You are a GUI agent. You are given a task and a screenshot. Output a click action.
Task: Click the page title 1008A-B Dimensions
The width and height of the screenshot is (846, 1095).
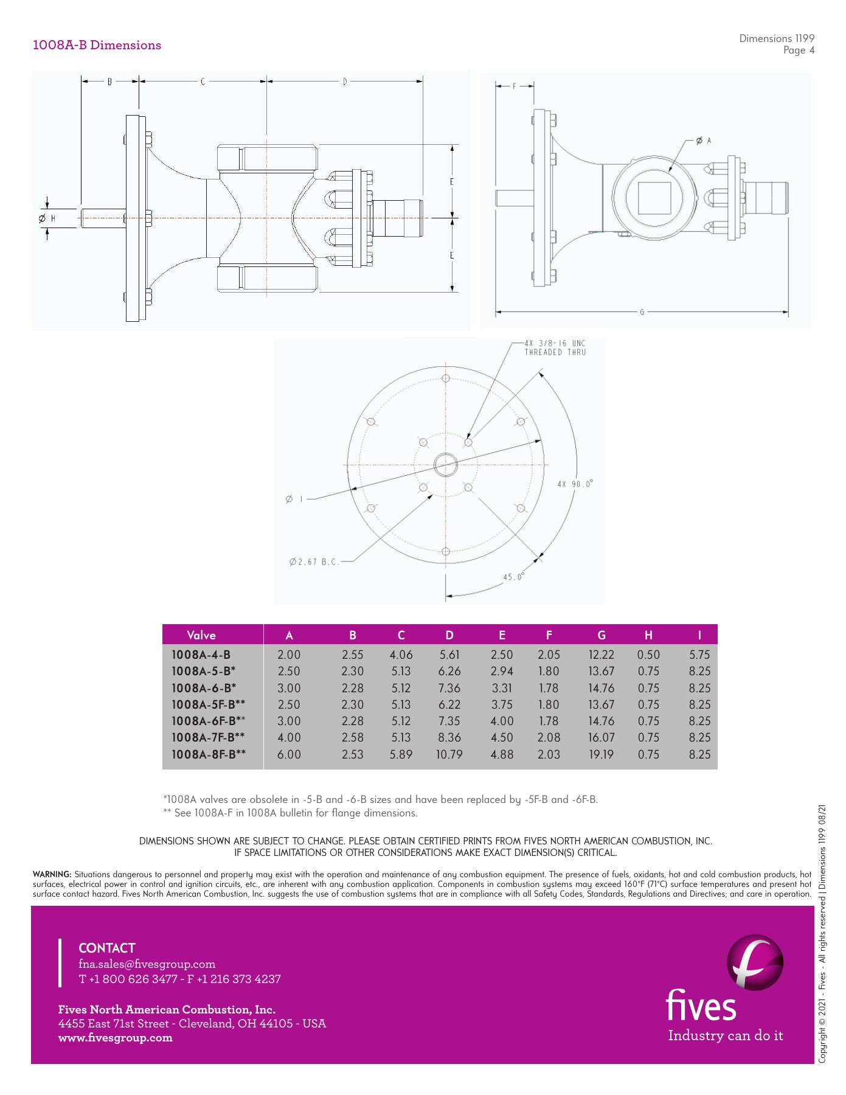[97, 45]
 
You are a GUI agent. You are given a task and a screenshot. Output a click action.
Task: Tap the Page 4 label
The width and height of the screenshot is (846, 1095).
[799, 50]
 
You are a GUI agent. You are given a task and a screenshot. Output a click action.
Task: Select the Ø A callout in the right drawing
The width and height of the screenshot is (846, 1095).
[703, 141]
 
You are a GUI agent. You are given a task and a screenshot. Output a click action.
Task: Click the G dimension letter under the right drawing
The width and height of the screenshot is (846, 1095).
[642, 313]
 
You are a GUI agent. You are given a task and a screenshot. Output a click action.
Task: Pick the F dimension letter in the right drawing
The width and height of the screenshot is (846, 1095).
[515, 86]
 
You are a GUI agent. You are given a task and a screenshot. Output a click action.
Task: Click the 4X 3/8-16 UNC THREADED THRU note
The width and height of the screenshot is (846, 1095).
[555, 348]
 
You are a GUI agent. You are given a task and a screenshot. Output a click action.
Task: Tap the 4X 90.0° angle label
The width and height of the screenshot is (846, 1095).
[575, 484]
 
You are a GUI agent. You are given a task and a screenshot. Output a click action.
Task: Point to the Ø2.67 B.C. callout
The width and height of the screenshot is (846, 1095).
[314, 561]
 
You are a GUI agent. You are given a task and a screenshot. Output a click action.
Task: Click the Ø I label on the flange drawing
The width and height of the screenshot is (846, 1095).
[294, 499]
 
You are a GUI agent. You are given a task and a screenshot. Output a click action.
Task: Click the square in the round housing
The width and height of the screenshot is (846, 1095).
[654, 198]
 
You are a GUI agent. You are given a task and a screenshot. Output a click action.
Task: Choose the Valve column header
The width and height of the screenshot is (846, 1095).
[201, 635]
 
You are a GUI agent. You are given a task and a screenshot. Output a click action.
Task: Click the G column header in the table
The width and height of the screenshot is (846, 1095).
[601, 635]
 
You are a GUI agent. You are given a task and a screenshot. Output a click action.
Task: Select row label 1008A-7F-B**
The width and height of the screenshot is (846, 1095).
[209, 737]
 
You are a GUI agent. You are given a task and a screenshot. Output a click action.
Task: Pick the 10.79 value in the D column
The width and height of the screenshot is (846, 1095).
[449, 754]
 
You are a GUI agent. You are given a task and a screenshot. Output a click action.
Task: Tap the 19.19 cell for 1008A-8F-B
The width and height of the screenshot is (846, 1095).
[601, 754]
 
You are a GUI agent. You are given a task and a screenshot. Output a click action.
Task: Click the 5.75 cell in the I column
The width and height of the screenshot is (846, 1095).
[699, 655]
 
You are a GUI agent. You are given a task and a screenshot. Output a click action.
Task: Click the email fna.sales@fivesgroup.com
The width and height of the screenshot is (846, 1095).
[147, 964]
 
